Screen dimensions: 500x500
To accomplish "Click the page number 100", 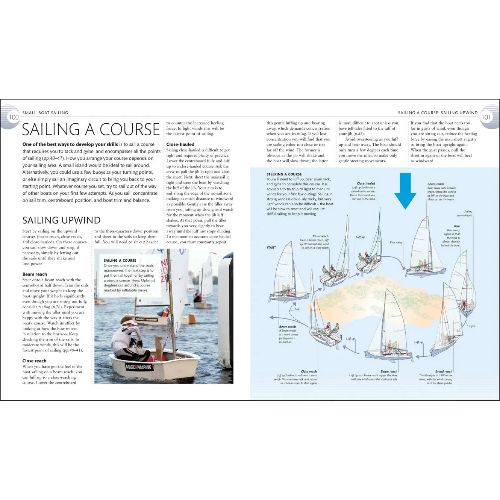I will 14,117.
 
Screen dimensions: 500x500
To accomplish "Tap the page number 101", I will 486,117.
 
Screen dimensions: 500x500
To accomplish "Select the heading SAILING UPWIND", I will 61,220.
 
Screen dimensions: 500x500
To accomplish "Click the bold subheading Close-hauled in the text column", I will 180,144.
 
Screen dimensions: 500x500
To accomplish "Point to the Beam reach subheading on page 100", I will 35,274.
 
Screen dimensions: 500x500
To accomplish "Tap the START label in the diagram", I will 271,248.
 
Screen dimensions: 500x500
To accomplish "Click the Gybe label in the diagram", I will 472,326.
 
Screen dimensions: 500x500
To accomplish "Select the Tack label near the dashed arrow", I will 297,309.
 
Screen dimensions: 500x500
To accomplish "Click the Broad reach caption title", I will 444,371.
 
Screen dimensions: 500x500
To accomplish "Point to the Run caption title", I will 457,226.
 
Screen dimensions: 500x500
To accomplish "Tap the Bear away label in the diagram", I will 396,242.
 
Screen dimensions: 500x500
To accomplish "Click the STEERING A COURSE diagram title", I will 284,174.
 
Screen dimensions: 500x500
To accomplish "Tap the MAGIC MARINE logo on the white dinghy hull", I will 139,367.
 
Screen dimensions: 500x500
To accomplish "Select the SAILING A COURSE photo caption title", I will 120,260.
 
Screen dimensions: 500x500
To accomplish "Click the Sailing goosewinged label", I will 465,214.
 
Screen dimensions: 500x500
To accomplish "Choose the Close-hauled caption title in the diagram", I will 366,183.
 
